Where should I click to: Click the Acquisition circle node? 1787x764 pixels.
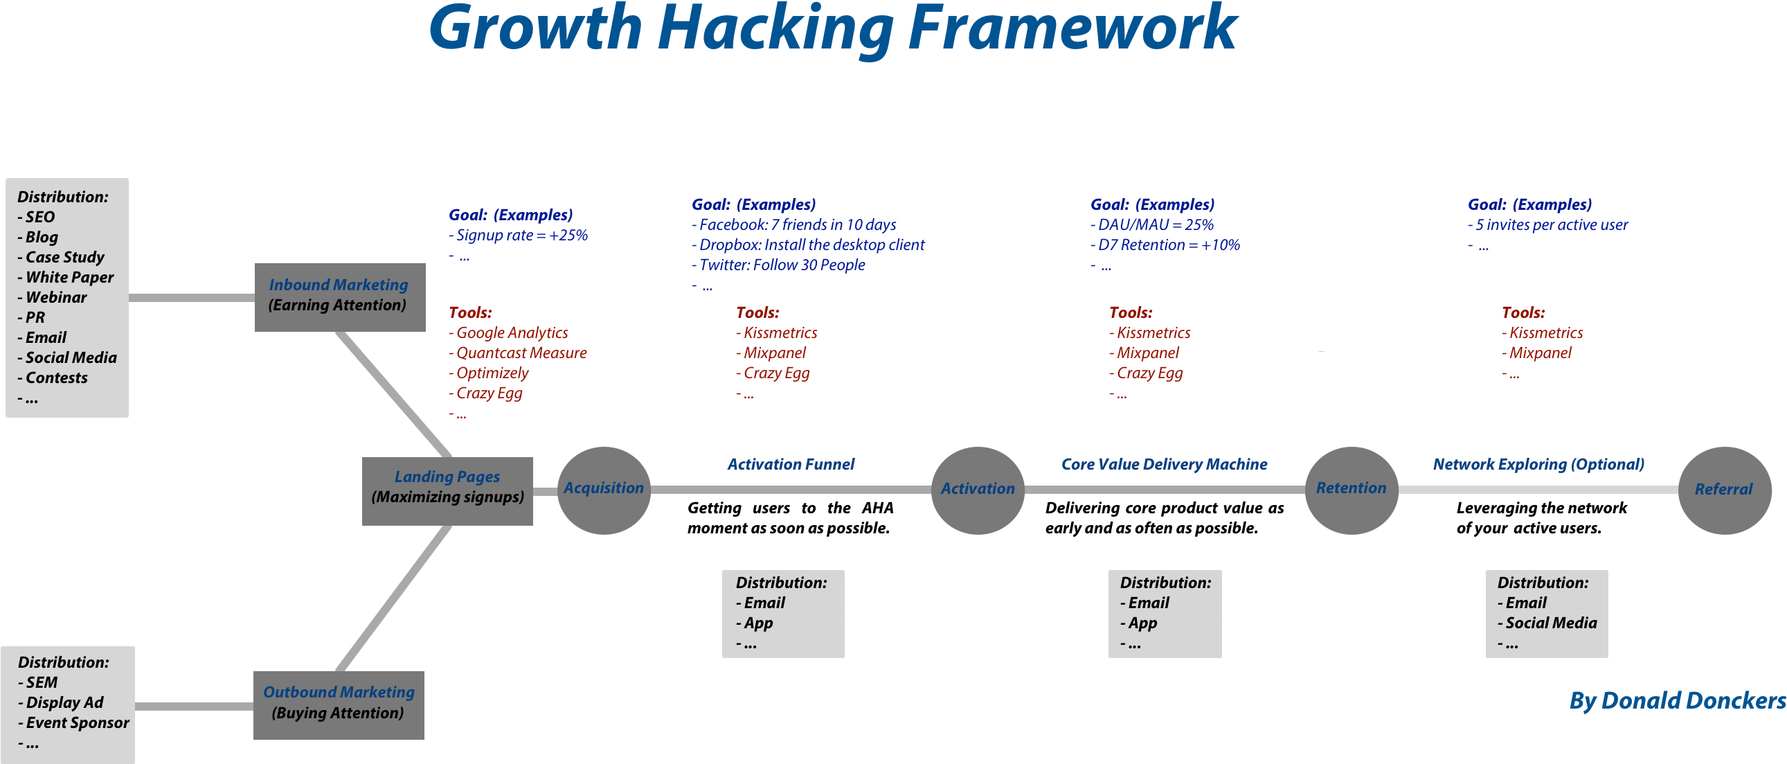tap(604, 490)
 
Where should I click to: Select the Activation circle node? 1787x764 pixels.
tap(978, 490)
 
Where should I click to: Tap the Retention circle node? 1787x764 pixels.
tap(1351, 490)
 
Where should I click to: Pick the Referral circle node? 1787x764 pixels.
tap(1724, 490)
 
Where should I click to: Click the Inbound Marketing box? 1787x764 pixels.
tap(339, 296)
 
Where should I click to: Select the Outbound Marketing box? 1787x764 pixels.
tap(339, 704)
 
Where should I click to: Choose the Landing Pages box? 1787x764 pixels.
tap(447, 490)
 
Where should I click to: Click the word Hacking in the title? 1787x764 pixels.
tap(775, 29)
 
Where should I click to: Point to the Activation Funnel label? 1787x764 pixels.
tap(791, 464)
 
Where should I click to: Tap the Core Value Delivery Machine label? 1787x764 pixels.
tap(1164, 464)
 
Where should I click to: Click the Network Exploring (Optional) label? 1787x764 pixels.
tap(1538, 464)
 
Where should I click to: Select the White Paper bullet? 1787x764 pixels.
tap(69, 278)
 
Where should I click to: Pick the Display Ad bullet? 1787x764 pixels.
tap(64, 702)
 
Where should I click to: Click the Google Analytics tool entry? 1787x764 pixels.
tap(511, 333)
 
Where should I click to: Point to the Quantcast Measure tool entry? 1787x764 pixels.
tap(520, 353)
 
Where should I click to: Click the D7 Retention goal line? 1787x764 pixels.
tap(1168, 245)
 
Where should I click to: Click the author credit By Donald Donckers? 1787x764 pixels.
tap(1678, 701)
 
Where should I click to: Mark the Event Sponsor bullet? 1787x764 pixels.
tap(77, 722)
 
